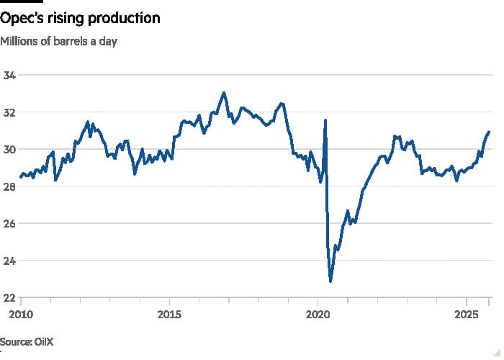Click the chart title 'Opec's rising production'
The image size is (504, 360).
pos(81,18)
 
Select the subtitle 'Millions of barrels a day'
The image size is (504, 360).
pos(59,41)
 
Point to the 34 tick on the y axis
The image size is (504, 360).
pos(11,75)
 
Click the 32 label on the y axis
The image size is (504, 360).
pos(11,112)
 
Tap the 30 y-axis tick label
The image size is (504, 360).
pos(11,149)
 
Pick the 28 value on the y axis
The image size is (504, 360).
pos(11,186)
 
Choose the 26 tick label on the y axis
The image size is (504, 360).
pos(11,223)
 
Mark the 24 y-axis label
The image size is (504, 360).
pos(11,261)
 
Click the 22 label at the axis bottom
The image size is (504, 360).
pos(11,297)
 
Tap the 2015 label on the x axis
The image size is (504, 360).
pos(169,314)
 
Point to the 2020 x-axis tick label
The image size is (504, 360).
pos(318,314)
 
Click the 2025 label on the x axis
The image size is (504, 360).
pos(467,314)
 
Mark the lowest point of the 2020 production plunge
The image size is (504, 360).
pos(330,281)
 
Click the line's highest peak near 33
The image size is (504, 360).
pos(224,92)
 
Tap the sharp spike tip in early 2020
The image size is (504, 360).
pos(325,120)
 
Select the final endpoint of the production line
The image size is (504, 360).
pos(490,132)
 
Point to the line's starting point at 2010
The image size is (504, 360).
pos(20,176)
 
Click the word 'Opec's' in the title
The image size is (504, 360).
pos(24,18)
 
